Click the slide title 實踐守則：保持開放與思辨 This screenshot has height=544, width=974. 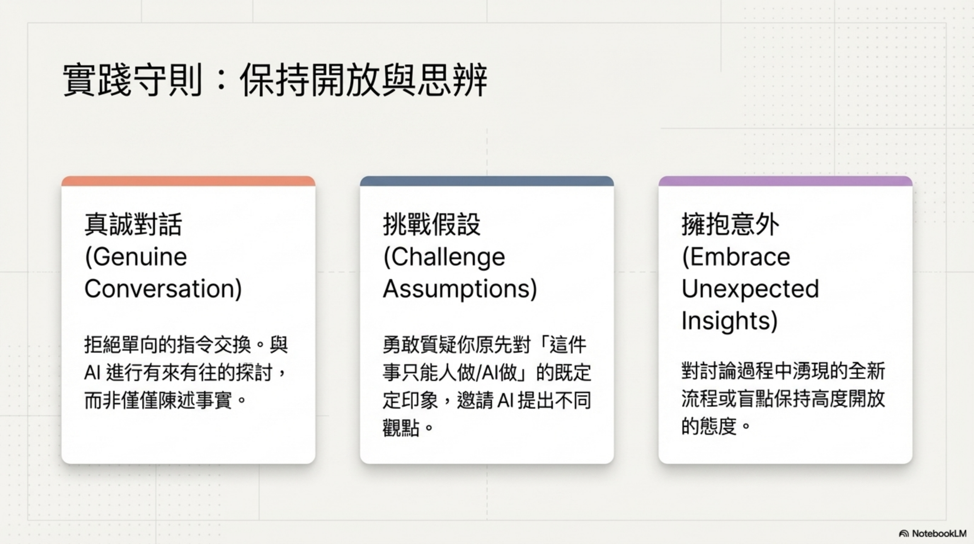click(x=275, y=80)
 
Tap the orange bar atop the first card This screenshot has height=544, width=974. click(x=188, y=181)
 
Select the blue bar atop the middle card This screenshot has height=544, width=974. click(x=487, y=181)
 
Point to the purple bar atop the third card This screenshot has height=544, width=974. click(x=785, y=181)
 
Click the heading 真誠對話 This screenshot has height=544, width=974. click(x=133, y=224)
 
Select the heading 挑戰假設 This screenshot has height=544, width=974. click(x=431, y=224)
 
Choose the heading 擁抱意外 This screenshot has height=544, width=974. click(x=730, y=224)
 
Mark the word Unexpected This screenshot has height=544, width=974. click(x=750, y=289)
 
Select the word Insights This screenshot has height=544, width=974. click(x=726, y=321)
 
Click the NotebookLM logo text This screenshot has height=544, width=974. click(x=939, y=533)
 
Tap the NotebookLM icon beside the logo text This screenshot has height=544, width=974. click(x=904, y=533)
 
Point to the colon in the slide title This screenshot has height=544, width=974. click(x=222, y=80)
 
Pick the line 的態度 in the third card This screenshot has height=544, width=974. click(x=716, y=426)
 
